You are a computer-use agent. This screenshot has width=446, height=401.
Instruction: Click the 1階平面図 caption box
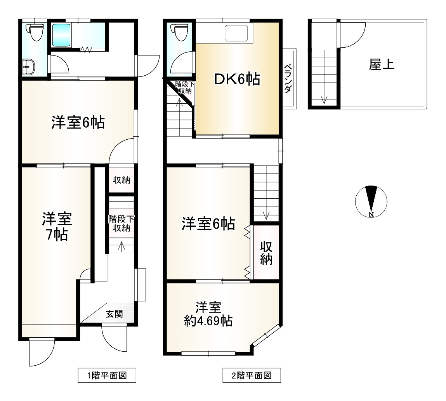pyautogui.click(x=107, y=375)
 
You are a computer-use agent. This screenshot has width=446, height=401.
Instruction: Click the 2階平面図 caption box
pyautogui.click(x=251, y=375)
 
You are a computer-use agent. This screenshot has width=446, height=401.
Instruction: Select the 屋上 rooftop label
pyautogui.click(x=382, y=64)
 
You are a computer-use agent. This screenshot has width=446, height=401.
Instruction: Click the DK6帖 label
pyautogui.click(x=237, y=80)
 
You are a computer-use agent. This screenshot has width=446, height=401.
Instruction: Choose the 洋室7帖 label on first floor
pyautogui.click(x=57, y=227)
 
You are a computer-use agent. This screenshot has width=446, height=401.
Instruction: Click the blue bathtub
pyautogui.click(x=61, y=35)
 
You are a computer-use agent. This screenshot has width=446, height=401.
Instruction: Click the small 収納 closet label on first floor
pyautogui.click(x=121, y=180)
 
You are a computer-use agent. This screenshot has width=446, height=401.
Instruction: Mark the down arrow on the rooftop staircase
pyautogui.click(x=324, y=99)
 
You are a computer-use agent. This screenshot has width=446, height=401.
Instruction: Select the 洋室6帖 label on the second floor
pyautogui.click(x=208, y=224)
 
